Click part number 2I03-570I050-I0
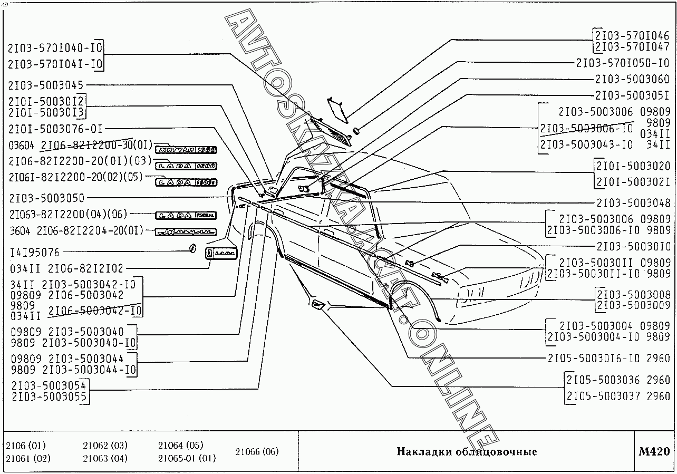(x=623, y=63)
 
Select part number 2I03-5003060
(x=632, y=79)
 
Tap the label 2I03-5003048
(x=633, y=203)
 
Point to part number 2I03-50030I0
(x=633, y=246)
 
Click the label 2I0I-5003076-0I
(x=55, y=129)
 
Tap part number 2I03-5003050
(x=46, y=198)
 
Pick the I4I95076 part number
(x=35, y=253)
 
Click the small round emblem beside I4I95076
(x=192, y=249)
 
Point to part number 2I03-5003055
(x=49, y=397)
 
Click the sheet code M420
(x=654, y=451)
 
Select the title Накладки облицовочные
(x=467, y=452)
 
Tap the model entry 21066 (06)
(x=257, y=451)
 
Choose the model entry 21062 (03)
(x=105, y=446)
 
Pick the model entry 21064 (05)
(x=180, y=446)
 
